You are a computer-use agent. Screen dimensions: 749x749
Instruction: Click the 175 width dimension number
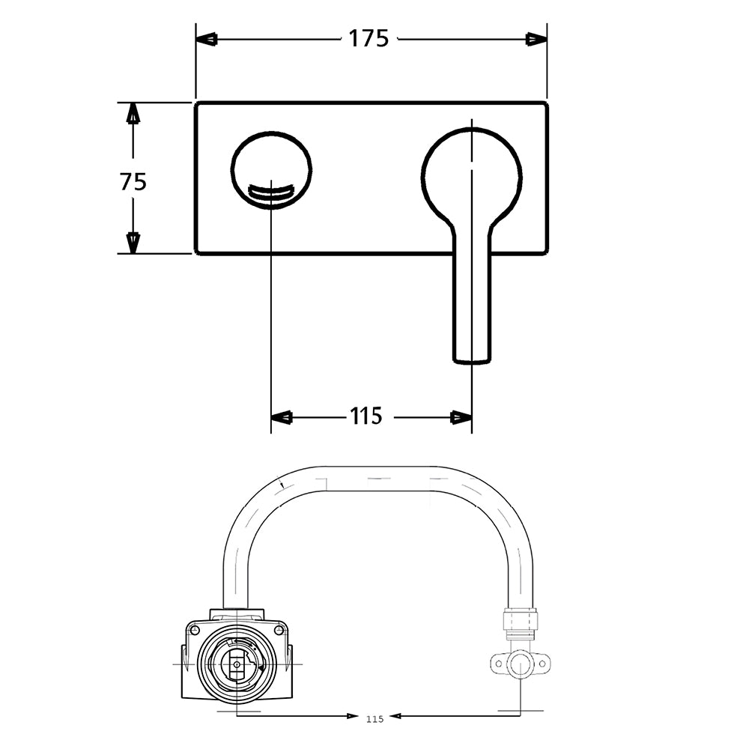(x=369, y=38)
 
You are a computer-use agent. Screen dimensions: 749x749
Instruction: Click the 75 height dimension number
(x=133, y=181)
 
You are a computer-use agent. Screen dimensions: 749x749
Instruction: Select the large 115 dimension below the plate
(x=366, y=416)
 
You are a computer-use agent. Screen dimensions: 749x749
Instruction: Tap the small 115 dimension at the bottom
(x=375, y=719)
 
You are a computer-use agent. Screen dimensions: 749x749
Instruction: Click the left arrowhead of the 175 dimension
(x=207, y=39)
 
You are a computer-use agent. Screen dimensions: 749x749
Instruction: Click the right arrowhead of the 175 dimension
(x=536, y=39)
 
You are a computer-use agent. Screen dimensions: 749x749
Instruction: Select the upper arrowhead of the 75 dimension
(x=133, y=113)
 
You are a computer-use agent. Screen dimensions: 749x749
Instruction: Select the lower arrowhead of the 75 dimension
(x=133, y=243)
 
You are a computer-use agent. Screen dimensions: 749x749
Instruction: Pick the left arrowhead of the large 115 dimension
(x=282, y=417)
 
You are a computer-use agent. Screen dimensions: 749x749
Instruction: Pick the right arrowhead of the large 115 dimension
(x=461, y=417)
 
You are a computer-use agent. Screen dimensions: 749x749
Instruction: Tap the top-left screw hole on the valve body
(x=195, y=631)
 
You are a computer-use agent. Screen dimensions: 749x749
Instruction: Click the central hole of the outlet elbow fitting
(x=520, y=663)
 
